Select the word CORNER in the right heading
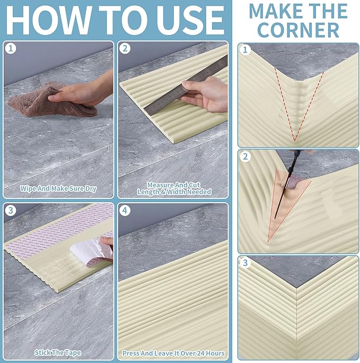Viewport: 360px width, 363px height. click(x=298, y=30)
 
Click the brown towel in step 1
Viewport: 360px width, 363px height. click(x=51, y=101)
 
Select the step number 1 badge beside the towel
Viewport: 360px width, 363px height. click(x=11, y=49)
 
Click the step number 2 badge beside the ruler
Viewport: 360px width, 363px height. click(x=125, y=49)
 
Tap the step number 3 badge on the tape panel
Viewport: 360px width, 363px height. click(x=11, y=211)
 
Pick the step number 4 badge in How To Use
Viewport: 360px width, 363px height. click(x=125, y=211)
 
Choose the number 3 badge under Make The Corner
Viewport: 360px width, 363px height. click(x=245, y=263)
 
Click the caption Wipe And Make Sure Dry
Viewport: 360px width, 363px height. click(x=58, y=189)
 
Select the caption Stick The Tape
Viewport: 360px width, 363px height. click(x=58, y=352)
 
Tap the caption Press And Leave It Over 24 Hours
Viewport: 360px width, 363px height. click(x=173, y=353)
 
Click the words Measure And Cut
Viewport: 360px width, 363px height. click(x=174, y=185)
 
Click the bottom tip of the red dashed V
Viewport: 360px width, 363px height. click(x=295, y=141)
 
